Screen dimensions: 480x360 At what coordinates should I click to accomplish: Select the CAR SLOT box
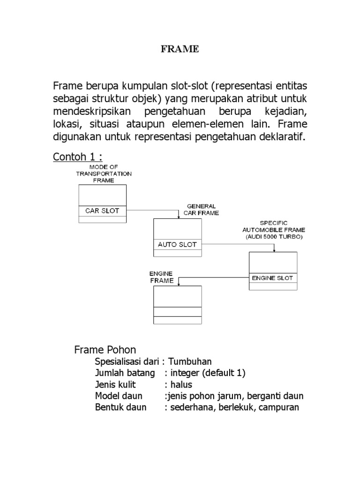point(102,210)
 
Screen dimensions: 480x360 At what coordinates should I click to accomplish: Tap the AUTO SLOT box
point(177,244)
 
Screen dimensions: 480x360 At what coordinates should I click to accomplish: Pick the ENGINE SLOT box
point(272,277)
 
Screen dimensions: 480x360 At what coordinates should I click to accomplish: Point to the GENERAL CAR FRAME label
point(201,209)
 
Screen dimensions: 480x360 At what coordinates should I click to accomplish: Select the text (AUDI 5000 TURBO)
point(273,237)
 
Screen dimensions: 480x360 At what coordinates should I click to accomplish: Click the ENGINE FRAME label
point(161,277)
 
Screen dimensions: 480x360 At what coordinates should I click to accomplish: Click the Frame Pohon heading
point(105,350)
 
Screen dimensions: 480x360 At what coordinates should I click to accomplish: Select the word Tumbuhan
point(190,361)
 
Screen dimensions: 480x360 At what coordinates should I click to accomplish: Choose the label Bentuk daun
point(120,407)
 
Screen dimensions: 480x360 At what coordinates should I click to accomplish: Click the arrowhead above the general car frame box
point(179,217)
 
